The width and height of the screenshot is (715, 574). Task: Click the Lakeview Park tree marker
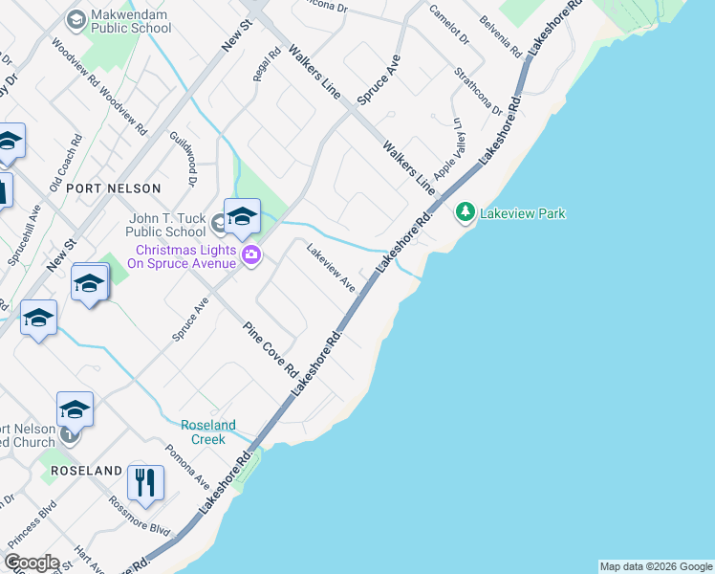[x=466, y=211]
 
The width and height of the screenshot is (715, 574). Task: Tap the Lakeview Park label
[x=523, y=212]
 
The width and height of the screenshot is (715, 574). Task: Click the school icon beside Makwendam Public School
[x=76, y=18]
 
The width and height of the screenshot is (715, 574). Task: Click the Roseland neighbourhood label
[x=87, y=471]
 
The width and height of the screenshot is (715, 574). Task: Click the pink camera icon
[x=251, y=254]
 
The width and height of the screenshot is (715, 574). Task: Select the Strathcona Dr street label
[x=479, y=91]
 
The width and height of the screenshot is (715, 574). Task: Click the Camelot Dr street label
[x=449, y=26]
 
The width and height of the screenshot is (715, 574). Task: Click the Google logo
[x=32, y=563]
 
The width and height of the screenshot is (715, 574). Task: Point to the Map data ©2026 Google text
[x=656, y=566]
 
